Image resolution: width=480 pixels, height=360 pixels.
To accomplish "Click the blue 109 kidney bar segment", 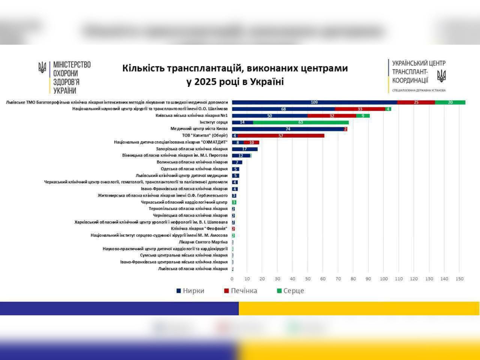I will pyautogui.click(x=314, y=102).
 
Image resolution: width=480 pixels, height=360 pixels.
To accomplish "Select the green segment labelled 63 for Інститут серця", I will pyautogui.click(x=301, y=122).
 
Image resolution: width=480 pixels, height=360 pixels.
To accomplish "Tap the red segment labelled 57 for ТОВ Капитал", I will pyautogui.click(x=281, y=136).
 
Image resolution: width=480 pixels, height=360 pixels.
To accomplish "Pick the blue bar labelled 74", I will pyautogui.click(x=288, y=129).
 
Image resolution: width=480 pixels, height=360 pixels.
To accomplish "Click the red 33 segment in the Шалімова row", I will pyautogui.click(x=360, y=109).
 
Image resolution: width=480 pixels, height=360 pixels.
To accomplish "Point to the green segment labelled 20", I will pyautogui.click(x=450, y=102).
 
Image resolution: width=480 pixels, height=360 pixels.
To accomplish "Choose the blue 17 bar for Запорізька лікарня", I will pyautogui.click(x=244, y=149).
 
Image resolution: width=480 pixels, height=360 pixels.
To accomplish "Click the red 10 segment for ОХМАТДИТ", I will pyautogui.click(x=252, y=142).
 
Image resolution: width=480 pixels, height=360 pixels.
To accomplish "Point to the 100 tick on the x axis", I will pyautogui.click(x=384, y=279).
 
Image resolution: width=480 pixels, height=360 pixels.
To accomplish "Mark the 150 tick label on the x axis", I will pyautogui.click(x=459, y=279).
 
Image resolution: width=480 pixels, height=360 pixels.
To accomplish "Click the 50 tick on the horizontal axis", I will pyautogui.click(x=307, y=279).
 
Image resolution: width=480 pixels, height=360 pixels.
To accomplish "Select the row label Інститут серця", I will pyautogui.click(x=213, y=122).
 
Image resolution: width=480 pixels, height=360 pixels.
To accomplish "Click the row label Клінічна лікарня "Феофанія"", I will pyautogui.click(x=199, y=229).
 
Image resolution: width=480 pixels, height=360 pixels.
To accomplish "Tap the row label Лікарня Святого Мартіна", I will pyautogui.click(x=203, y=242).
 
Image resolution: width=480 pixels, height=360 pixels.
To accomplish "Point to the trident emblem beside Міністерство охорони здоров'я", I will pyautogui.click(x=42, y=67).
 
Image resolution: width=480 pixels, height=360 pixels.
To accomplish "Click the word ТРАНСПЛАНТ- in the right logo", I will pyautogui.click(x=410, y=72).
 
